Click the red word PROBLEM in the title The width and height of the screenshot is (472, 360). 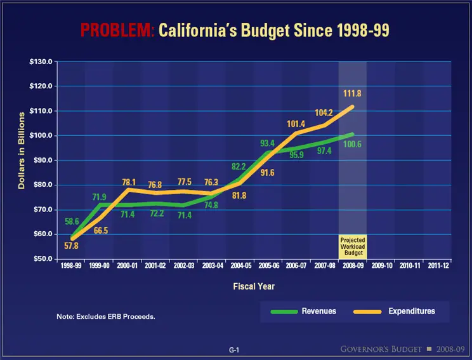click(x=117, y=29)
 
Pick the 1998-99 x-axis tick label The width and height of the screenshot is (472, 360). click(x=70, y=267)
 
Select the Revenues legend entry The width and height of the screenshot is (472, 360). click(x=303, y=311)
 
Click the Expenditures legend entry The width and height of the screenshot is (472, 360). click(x=394, y=311)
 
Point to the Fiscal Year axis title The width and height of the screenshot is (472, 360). click(x=253, y=286)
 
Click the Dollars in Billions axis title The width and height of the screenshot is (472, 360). click(x=21, y=150)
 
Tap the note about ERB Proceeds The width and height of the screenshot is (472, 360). click(x=105, y=316)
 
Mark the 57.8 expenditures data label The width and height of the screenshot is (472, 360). click(x=72, y=246)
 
